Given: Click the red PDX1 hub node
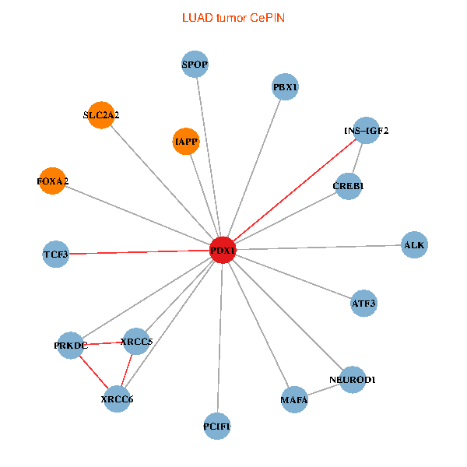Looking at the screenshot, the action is tap(223, 249).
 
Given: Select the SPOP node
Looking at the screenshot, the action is tap(195, 65).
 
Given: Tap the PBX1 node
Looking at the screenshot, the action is tap(286, 86).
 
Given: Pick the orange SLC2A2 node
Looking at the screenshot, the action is tap(101, 115).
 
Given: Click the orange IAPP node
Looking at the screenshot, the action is tap(185, 142).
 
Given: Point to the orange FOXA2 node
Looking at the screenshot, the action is tap(51, 181).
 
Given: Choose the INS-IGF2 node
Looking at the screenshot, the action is tap(365, 130).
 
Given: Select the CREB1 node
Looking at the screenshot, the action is tap(349, 186).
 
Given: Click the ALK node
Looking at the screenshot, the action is tap(414, 245).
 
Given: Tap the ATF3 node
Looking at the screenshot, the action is tap(363, 303).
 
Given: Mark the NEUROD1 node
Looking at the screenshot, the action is tap(353, 379).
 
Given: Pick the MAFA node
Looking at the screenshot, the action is tap(294, 399).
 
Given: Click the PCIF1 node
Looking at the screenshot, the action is tap(217, 426).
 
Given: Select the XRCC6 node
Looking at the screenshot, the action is tap(117, 399).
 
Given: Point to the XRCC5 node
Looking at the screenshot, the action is tap(137, 341).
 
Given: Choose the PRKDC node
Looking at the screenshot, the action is tap(70, 345).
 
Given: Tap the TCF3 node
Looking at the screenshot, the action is tap(56, 254).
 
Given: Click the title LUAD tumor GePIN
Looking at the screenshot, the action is tap(233, 18).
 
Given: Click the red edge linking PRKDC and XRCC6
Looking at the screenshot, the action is tap(93, 372).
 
